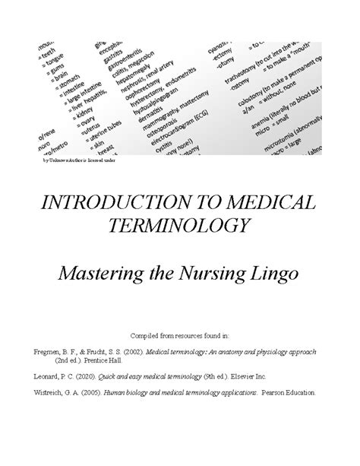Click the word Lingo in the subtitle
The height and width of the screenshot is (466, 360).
coord(272,271)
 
